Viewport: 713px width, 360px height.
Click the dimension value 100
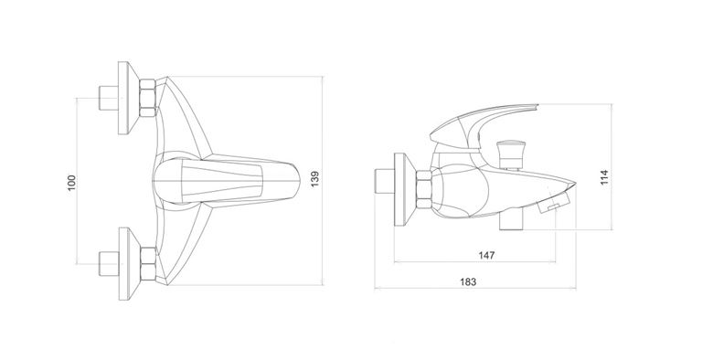(x=72, y=183)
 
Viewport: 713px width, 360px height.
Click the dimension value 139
(x=314, y=179)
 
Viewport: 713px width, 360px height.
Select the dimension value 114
(x=604, y=177)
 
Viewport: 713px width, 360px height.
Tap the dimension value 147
(x=486, y=256)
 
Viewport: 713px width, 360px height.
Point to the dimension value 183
(x=468, y=281)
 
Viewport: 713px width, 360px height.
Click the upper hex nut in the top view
(x=147, y=98)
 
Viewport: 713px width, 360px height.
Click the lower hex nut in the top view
(x=147, y=264)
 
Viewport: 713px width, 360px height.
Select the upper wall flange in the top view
(x=127, y=98)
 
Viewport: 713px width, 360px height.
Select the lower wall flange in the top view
(x=127, y=264)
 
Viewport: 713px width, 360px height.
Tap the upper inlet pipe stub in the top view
(x=108, y=98)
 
